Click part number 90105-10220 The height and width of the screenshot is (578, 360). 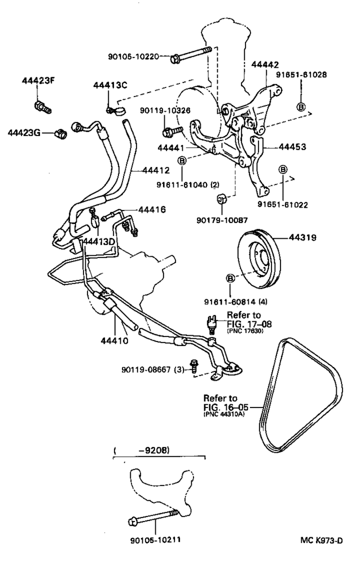[x=134, y=56]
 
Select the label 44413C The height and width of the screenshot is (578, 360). [x=111, y=85]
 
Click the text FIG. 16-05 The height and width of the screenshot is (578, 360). [x=225, y=406]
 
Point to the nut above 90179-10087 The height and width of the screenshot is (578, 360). [x=222, y=200]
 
